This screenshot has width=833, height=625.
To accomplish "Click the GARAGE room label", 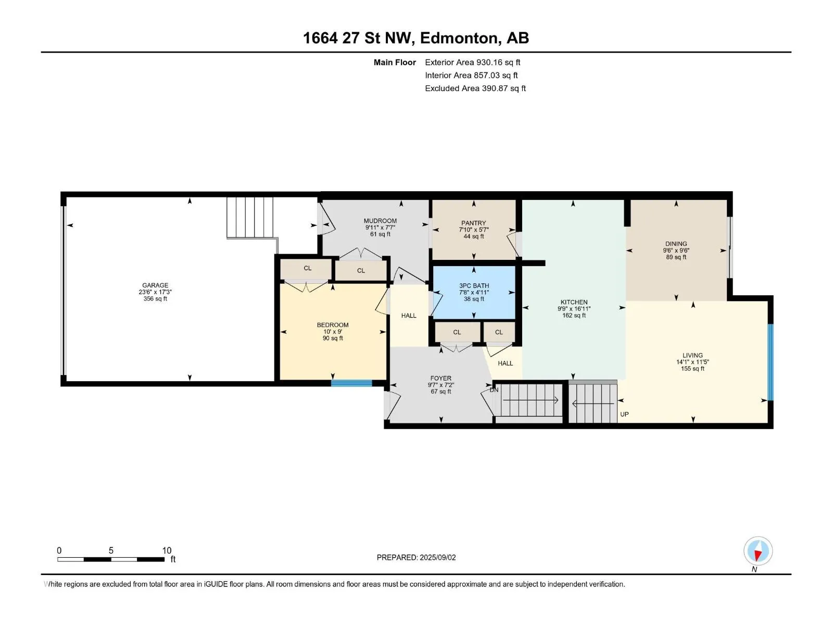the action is click(155, 285).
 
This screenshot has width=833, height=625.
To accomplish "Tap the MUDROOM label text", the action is click(380, 221).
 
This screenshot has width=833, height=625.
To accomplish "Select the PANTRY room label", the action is click(473, 223).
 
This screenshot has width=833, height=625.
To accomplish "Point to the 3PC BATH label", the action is click(474, 286).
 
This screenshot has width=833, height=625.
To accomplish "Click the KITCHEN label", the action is click(574, 303).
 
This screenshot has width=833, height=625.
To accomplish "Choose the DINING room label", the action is click(676, 244).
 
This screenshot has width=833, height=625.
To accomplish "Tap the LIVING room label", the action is click(692, 356).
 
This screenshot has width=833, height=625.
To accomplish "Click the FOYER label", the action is click(440, 378).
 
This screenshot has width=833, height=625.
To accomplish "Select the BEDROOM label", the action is click(333, 325).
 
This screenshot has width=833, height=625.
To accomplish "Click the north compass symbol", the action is click(758, 551).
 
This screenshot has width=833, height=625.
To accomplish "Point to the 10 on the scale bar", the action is click(167, 550).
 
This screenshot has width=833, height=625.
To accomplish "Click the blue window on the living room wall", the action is click(771, 362).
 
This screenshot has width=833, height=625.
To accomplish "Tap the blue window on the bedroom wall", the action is click(351, 383).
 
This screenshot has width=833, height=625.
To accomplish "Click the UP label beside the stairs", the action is click(624, 415).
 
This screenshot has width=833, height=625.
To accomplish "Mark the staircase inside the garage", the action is click(250, 217).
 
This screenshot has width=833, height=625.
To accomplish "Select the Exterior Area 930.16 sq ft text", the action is click(473, 62).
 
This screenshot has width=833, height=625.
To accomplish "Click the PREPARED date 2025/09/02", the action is click(437, 557).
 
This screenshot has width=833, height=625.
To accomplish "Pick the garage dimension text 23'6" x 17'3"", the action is click(155, 292).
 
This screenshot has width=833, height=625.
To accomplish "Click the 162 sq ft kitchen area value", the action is click(574, 315).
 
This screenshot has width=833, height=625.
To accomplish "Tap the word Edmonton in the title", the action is click(459, 39).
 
